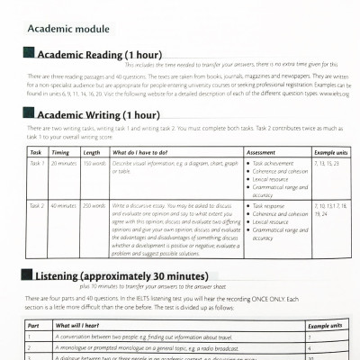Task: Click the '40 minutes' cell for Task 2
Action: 63,206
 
